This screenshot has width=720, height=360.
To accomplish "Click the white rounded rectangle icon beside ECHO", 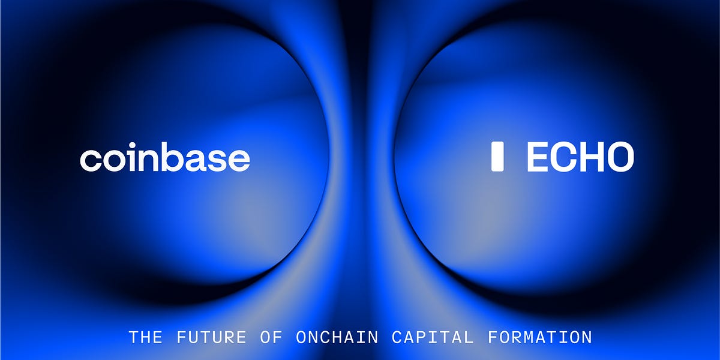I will click(497, 157).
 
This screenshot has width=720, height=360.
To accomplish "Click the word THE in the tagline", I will click(146, 337).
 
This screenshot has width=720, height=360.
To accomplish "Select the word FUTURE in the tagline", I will click(211, 337).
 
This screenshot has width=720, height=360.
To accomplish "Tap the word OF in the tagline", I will click(271, 337).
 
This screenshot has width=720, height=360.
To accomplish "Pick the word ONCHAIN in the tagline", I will click(337, 337).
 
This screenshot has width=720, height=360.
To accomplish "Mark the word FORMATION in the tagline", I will click(540, 337).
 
